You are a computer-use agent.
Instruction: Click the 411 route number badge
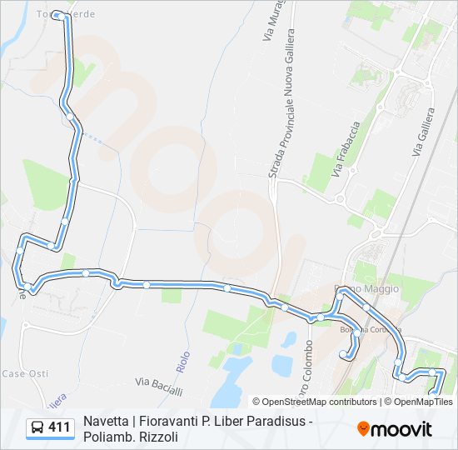(x=59, y=427)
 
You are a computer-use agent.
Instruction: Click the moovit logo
(x=395, y=429)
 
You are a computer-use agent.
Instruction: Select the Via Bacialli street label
(x=158, y=384)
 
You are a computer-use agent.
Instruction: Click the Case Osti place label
(x=25, y=373)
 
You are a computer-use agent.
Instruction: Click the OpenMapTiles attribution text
(x=424, y=402)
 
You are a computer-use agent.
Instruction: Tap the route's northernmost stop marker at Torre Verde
(x=57, y=15)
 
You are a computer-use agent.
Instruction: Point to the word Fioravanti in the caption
(x=169, y=421)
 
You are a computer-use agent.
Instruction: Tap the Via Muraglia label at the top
(x=268, y=25)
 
